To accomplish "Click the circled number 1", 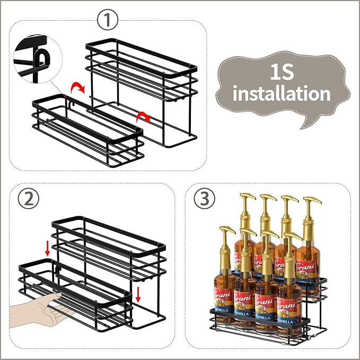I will coord(108,21).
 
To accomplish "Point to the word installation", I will coord(281,94).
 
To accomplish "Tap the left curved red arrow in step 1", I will coord(78,86).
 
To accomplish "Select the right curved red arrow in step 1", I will coord(142,117).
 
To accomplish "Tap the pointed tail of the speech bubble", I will coord(306,124).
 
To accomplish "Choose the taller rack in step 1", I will coord(141,90).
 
